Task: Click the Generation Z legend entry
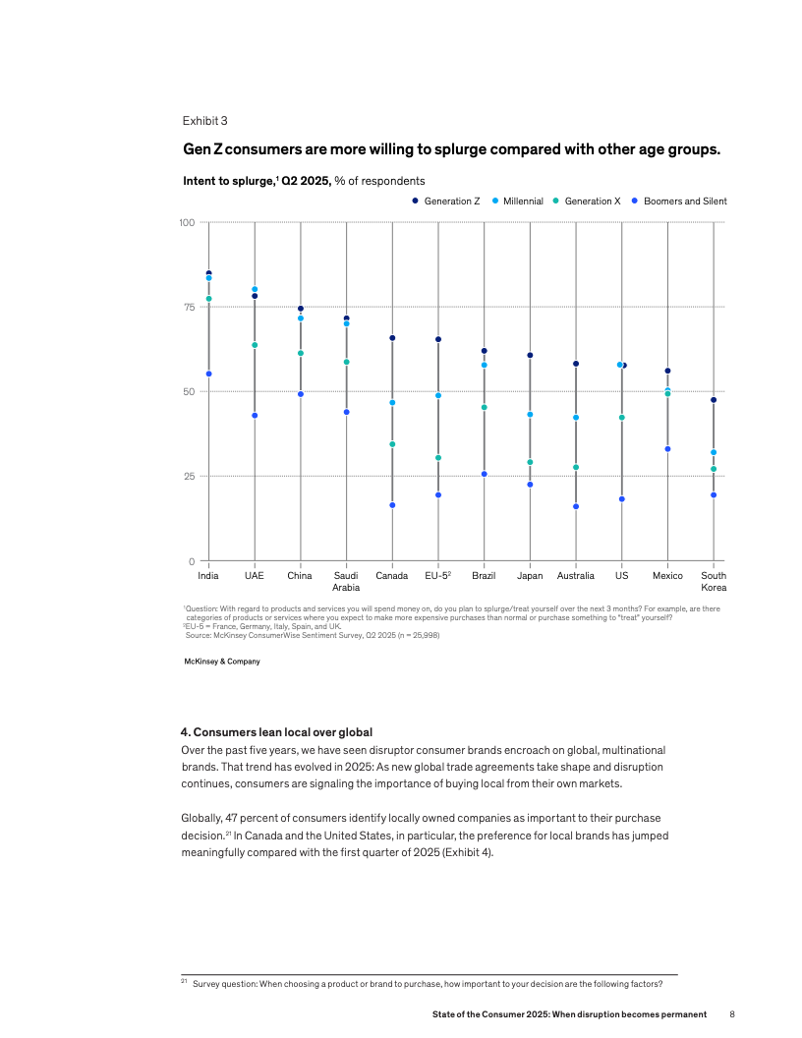click(446, 202)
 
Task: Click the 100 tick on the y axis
click(185, 222)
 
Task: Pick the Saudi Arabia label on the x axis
click(346, 581)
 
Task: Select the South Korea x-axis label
click(714, 581)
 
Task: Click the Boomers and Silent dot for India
click(208, 374)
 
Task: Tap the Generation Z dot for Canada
click(392, 338)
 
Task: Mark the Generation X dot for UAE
click(255, 345)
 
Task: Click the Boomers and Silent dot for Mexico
click(667, 449)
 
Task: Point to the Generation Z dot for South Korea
click(714, 400)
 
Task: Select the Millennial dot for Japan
click(530, 415)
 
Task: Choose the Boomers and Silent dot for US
click(621, 499)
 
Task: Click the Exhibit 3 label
click(204, 121)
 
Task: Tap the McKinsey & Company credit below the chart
click(222, 662)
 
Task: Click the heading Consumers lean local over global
click(276, 732)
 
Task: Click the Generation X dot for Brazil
click(484, 407)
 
